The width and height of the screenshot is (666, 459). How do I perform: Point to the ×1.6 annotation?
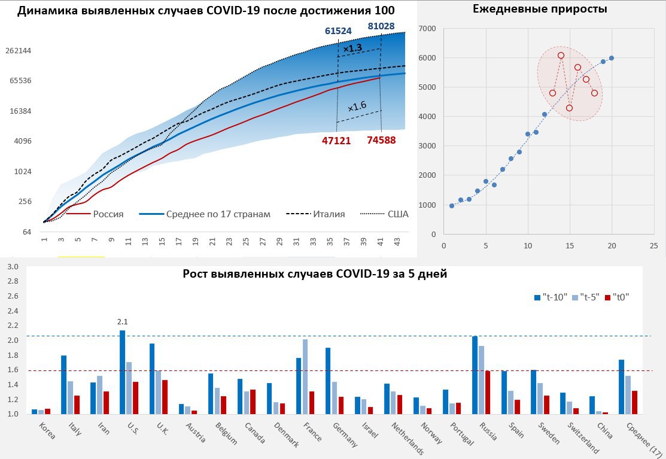(x=357, y=107)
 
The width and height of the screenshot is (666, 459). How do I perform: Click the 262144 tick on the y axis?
(x=18, y=50)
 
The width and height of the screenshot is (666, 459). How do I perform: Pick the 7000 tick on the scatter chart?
(x=427, y=28)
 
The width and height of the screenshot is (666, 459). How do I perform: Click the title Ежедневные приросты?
(x=540, y=9)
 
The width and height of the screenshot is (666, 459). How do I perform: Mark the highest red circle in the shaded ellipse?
(x=561, y=56)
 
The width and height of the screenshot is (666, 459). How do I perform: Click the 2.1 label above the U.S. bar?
(x=123, y=321)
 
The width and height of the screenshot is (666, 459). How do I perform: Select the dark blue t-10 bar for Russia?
(x=475, y=375)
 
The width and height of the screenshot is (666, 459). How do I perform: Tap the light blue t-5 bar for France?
(x=305, y=376)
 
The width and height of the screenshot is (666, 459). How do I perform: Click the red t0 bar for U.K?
(x=165, y=397)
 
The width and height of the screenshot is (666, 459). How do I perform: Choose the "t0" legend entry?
(x=619, y=296)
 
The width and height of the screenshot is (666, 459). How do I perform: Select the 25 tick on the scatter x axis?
(x=653, y=245)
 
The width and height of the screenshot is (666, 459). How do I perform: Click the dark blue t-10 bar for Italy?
(x=64, y=384)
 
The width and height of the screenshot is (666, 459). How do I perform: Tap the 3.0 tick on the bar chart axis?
(x=13, y=267)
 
